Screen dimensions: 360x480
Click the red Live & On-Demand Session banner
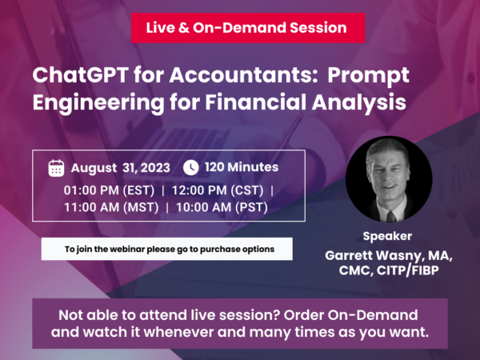pyautogui.click(x=248, y=28)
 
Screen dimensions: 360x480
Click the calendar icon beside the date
pyautogui.click(x=56, y=168)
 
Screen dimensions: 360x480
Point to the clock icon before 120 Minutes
pyautogui.click(x=190, y=168)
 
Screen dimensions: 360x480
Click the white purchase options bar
pyautogui.click(x=166, y=249)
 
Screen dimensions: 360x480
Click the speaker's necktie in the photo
pyautogui.click(x=390, y=214)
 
